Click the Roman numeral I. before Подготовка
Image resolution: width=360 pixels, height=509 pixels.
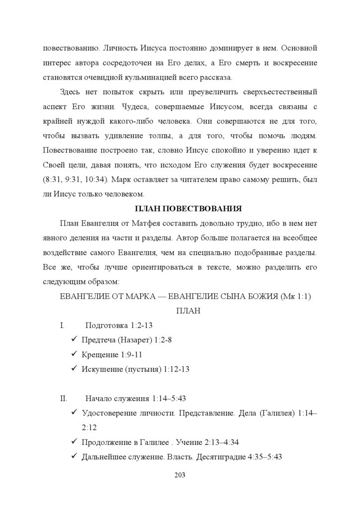[62, 326]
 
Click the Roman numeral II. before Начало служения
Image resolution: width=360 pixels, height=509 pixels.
[64, 398]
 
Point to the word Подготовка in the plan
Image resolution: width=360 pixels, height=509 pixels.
[107, 326]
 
